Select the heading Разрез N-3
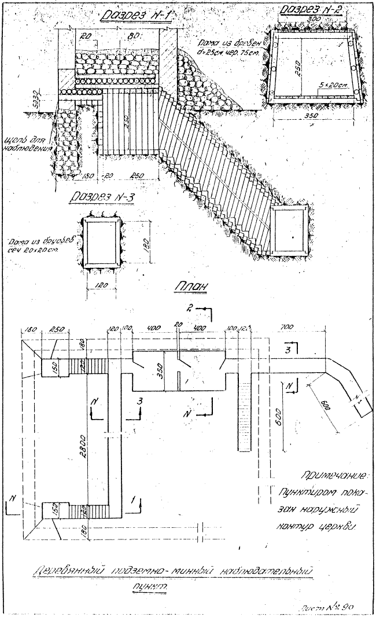coord(102,198)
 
